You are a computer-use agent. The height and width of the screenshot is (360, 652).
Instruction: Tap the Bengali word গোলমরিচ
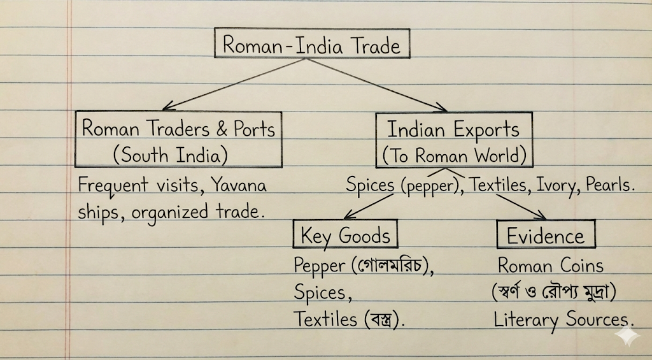pos(390,265)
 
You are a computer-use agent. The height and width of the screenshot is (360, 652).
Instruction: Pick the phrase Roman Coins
pos(551,266)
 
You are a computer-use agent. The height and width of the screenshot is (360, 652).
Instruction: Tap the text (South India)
pos(171,155)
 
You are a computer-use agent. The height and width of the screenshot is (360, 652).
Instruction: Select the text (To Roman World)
pos(454,155)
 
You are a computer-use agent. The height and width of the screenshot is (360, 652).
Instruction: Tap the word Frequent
pos(113,185)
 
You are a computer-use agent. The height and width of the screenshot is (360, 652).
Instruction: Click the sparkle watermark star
pos(627,336)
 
